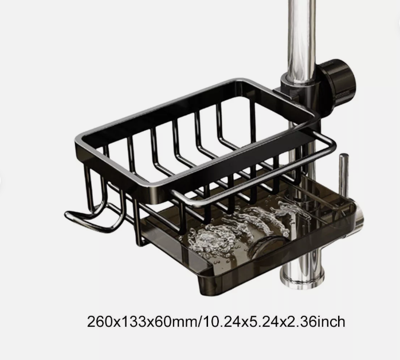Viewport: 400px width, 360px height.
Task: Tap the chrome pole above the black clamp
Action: pos(299,34)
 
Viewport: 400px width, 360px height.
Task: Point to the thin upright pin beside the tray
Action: pos(343,175)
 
